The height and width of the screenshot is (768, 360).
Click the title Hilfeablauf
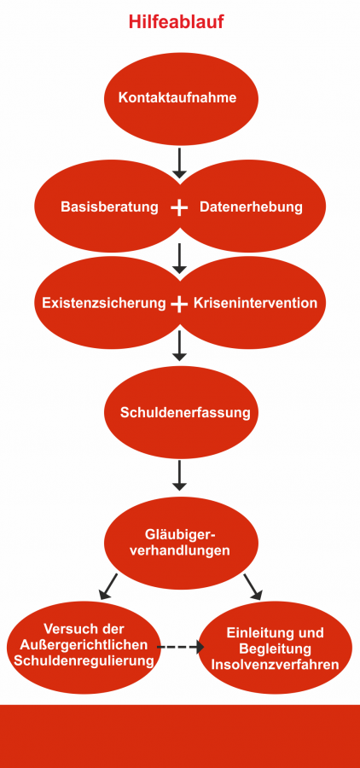(177, 22)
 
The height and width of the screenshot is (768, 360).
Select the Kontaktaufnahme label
(177, 97)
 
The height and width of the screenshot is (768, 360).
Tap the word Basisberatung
(110, 207)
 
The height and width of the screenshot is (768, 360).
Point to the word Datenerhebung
(252, 207)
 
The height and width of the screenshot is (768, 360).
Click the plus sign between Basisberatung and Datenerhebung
(179, 207)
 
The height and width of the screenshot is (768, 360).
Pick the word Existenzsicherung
(104, 303)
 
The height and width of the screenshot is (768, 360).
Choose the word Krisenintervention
(256, 303)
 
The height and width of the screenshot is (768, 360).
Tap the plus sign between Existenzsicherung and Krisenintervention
(179, 305)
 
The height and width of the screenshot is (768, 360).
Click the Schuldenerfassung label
(185, 412)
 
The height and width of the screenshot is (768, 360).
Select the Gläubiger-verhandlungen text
(181, 542)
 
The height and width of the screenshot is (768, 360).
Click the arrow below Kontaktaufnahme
(180, 163)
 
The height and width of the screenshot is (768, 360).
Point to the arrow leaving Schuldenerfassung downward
(180, 475)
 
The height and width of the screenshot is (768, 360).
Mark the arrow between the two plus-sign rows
(180, 258)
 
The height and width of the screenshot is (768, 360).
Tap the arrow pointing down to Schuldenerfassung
(180, 346)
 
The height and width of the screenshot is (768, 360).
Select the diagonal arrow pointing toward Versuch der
(108, 587)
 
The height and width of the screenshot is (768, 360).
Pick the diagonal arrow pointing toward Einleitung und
(253, 587)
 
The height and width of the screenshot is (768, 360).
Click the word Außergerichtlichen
(84, 644)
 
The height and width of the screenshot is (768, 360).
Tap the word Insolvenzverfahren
(275, 665)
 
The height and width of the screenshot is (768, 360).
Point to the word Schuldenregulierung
(84, 660)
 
